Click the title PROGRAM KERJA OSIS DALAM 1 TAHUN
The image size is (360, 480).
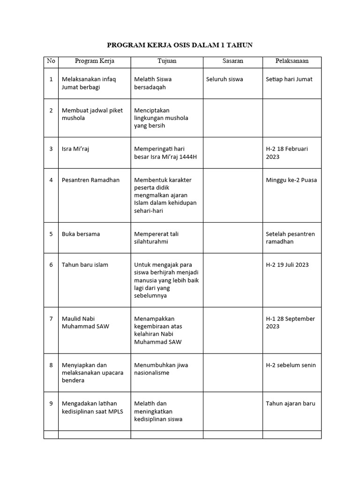tap(180, 45)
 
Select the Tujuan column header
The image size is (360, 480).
tap(167, 61)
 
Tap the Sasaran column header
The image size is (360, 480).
tap(232, 61)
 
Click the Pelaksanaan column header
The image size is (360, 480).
tap(292, 61)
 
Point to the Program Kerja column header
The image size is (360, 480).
tap(94, 61)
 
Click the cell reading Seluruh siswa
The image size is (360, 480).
tap(225, 79)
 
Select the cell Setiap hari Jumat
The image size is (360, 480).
tap(289, 79)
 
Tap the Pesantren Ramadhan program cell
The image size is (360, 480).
tap(90, 180)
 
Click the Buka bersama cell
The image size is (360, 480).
tap(81, 234)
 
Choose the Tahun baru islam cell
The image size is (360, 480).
tap(85, 265)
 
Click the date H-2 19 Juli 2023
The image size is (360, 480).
tap(287, 265)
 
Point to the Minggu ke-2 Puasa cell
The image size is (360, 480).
tap(291, 180)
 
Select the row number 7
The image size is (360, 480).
tap(51, 319)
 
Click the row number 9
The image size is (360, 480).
tap(51, 404)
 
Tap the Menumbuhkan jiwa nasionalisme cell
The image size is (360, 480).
tap(161, 369)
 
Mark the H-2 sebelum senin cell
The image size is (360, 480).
tap(291, 365)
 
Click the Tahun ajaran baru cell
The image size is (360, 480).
tap(290, 404)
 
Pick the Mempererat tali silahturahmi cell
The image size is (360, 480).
tap(157, 238)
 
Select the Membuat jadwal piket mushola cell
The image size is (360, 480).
tap(92, 114)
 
